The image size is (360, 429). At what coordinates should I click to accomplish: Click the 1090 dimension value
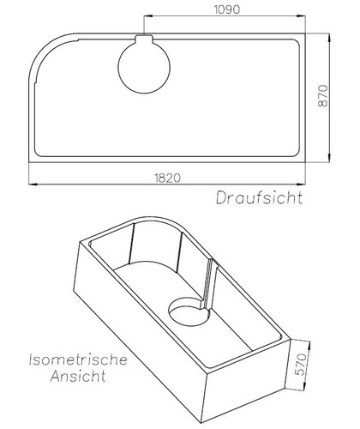pos(227,10)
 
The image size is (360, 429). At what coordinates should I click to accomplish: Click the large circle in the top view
pos(143,68)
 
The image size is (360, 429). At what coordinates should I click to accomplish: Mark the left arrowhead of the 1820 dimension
pos(32,184)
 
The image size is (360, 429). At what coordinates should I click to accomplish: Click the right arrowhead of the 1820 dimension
pos(305,184)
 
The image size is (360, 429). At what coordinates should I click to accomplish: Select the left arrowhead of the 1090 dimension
pos(146,18)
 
